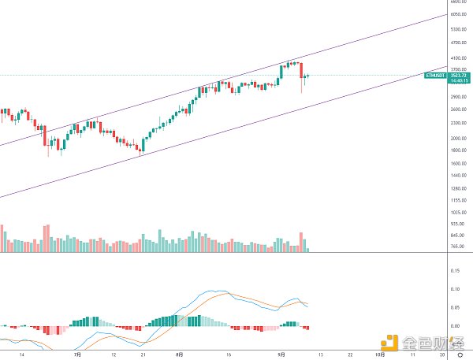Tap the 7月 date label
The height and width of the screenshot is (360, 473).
76,354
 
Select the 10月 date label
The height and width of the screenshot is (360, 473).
380,354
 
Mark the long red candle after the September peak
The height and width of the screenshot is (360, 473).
301,72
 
